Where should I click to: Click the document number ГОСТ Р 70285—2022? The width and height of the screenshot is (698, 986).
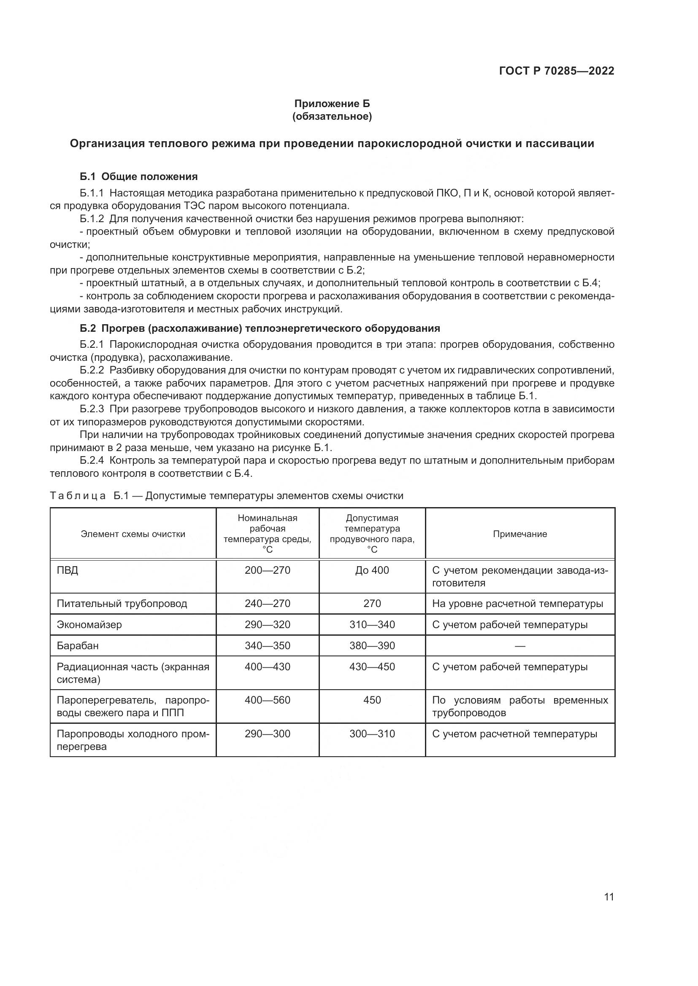click(556, 71)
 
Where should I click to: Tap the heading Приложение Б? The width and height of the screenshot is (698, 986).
click(331, 104)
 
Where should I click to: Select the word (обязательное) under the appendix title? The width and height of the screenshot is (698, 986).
click(331, 116)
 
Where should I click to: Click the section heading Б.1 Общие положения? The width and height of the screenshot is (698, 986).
click(138, 177)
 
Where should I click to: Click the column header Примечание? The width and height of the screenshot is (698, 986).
click(519, 534)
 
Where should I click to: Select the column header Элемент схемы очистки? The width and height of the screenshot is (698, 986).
click(133, 534)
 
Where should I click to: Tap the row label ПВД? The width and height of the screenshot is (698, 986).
click(68, 570)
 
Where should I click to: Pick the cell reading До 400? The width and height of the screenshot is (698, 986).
click(372, 570)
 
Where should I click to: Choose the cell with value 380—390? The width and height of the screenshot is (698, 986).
click(372, 645)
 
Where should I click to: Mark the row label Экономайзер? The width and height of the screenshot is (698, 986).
click(89, 624)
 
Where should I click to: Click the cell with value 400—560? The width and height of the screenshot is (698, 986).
click(267, 700)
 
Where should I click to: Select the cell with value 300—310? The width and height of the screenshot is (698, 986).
click(372, 733)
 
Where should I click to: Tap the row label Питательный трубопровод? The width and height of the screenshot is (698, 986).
click(122, 603)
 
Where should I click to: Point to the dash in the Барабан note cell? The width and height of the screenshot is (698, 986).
click(519, 645)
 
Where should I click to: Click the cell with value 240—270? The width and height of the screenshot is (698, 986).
click(267, 603)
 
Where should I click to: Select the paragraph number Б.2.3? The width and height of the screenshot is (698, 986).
click(92, 409)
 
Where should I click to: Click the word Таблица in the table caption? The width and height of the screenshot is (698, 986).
click(78, 496)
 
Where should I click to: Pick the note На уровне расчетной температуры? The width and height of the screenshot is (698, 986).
click(517, 603)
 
